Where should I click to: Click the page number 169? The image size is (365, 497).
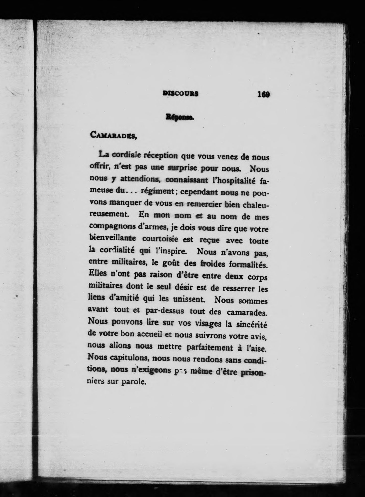pos(264,94)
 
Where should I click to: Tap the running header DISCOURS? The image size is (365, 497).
pos(180,93)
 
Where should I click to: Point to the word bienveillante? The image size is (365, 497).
pos(112,238)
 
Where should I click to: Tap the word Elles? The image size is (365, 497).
pos(98,274)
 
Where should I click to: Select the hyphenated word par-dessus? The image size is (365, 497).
pos(165,311)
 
